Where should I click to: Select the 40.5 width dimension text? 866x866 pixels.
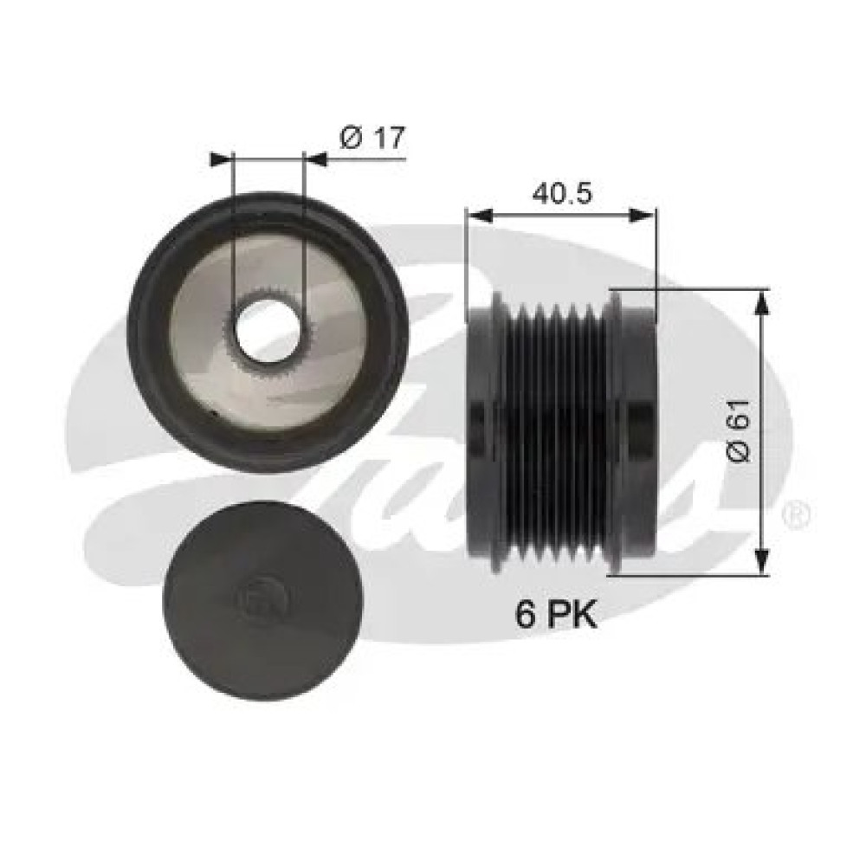(x=561, y=194)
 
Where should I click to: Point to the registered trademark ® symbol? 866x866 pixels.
(x=796, y=516)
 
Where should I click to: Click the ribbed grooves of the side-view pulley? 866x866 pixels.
(x=554, y=433)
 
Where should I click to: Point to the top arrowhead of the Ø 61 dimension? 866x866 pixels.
(x=761, y=300)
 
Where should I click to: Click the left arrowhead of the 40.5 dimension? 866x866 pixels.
(x=475, y=215)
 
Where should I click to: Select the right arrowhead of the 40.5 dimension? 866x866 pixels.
(x=646, y=215)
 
